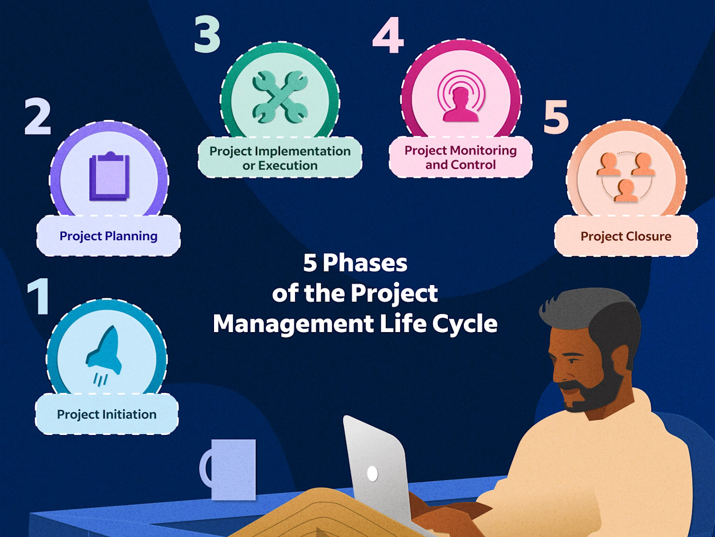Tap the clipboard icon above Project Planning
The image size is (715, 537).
point(109,177)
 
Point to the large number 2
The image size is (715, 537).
point(38,117)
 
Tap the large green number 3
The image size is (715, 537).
point(207,35)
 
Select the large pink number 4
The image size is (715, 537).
point(388,35)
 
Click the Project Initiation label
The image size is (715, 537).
point(107,414)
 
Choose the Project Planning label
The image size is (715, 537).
point(108,236)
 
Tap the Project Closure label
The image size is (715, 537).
point(626,236)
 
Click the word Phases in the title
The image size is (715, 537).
point(365,263)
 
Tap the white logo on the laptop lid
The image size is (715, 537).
point(372,473)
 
